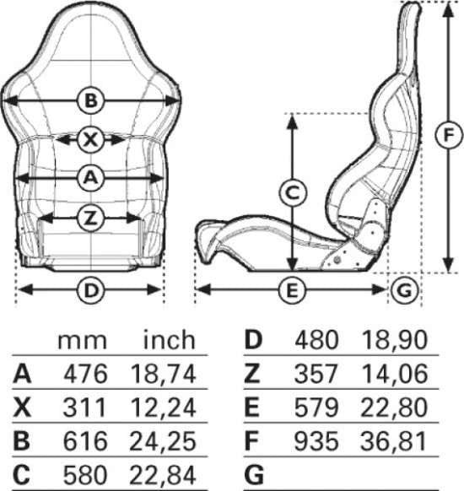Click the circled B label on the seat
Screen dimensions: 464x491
pos(91,101)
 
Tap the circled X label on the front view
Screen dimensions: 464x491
pos(91,139)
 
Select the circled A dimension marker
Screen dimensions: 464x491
pos(91,178)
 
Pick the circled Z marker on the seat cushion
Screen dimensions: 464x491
pos(91,218)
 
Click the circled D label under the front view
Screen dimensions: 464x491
pos(91,290)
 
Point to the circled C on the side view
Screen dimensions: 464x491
pos(293,193)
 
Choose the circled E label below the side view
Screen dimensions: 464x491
pos(292,290)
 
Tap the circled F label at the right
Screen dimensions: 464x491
pos(449,135)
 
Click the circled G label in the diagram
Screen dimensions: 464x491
pos(404,290)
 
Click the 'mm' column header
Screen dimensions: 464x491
pos(83,341)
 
